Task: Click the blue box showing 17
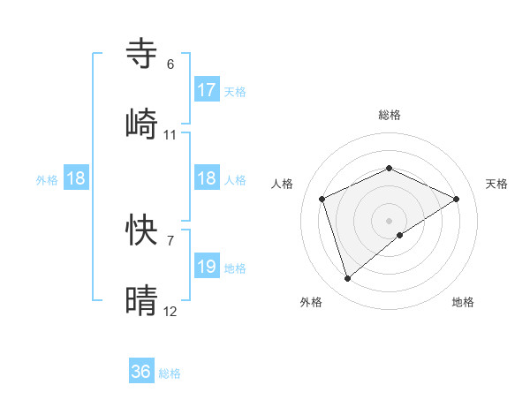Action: tap(207, 90)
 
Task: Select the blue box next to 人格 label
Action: tap(207, 178)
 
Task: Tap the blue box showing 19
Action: tap(207, 267)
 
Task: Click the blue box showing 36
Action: tap(141, 372)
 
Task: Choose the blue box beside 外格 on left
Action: tap(76, 178)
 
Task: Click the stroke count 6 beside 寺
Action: tap(170, 64)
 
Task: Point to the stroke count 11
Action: tap(170, 135)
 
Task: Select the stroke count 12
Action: tap(170, 312)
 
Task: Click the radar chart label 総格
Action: tap(389, 115)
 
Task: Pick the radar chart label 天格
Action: tap(496, 184)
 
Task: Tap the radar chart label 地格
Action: tap(463, 302)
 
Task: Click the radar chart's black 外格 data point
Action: tap(347, 279)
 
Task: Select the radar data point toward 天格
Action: tap(457, 199)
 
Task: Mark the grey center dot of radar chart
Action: tap(389, 220)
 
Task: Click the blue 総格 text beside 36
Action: tap(170, 373)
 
